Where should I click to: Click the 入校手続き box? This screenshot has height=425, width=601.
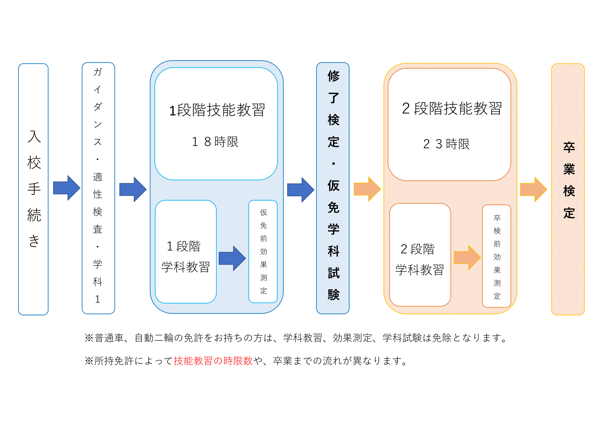coord(33,189)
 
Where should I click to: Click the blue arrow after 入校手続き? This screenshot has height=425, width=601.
coord(66,188)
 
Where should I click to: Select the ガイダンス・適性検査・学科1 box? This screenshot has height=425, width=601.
coord(98,188)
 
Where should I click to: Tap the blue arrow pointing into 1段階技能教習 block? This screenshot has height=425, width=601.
coord(132,189)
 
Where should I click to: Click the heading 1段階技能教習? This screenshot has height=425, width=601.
coord(217,110)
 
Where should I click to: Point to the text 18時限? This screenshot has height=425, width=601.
coord(215,142)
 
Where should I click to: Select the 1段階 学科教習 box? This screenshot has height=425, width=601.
coord(186,252)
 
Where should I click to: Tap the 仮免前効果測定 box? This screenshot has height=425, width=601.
coord(263,252)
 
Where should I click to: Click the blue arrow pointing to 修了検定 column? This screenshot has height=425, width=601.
coord(300,190)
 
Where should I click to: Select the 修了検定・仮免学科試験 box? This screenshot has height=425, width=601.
coord(333,188)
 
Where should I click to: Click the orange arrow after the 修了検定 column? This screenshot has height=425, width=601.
coord(367,189)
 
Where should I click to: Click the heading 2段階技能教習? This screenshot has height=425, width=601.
coord(451,108)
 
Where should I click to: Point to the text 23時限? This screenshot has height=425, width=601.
coord(446,144)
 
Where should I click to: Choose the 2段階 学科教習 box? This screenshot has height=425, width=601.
coord(420,255)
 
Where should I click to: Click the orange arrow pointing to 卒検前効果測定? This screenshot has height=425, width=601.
coord(467,257)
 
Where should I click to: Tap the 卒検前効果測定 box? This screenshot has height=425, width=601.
coord(497,256)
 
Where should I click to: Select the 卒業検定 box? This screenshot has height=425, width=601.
coord(568,189)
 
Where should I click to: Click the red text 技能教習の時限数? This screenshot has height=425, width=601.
coord(213,361)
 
